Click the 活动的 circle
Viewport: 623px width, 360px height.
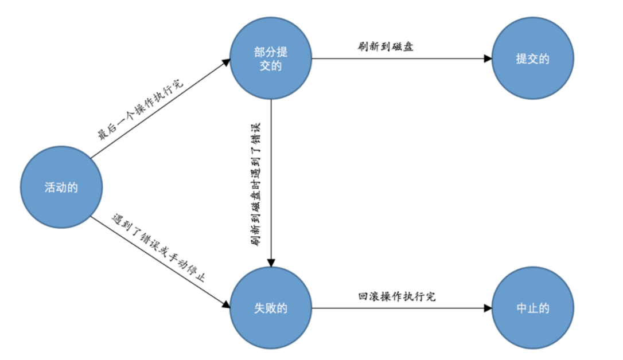(x=61, y=187)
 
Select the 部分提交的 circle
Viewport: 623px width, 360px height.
(x=271, y=58)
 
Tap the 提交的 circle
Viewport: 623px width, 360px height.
(x=532, y=58)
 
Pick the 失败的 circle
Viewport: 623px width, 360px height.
(x=271, y=308)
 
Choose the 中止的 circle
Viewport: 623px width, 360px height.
(x=532, y=308)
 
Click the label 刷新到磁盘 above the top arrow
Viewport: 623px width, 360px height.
(x=386, y=46)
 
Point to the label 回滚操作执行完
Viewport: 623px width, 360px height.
(x=396, y=296)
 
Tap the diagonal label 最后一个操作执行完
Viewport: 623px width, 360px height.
(x=141, y=109)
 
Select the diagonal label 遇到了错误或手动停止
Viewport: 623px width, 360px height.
(x=158, y=248)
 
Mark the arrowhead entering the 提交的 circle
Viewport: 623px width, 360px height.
(x=488, y=58)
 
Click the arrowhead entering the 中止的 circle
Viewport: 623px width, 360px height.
(x=488, y=308)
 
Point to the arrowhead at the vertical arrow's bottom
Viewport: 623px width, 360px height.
(x=271, y=263)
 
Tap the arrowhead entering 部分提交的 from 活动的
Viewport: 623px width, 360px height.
(x=227, y=62)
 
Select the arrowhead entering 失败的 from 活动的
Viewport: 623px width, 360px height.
(x=227, y=304)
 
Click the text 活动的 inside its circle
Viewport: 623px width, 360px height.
(x=61, y=187)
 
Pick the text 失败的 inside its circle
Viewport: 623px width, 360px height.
(x=271, y=308)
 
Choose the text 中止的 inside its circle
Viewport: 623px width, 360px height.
(x=533, y=308)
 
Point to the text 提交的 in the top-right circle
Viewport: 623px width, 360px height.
(x=533, y=58)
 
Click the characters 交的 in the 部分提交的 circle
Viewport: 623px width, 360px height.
(x=271, y=65)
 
